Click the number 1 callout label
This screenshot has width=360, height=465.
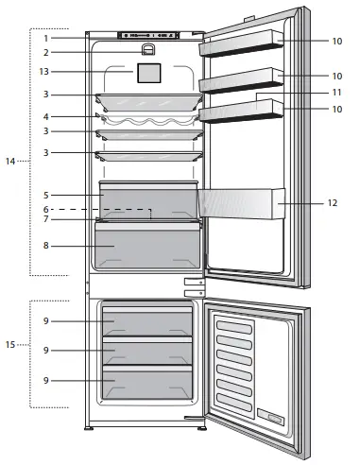45,38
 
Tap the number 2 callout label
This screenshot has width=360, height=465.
45,53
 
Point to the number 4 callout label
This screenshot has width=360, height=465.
45,116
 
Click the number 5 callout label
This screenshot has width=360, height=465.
45,196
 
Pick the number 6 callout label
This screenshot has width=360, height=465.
45,209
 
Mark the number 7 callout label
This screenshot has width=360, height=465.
45,220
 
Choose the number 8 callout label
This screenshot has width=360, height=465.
45,247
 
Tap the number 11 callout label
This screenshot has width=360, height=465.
337,93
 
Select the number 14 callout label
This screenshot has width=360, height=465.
9,163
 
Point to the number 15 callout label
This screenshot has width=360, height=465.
9,344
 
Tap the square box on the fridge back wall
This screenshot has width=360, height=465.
147,72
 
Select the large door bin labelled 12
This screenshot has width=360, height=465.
241,202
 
